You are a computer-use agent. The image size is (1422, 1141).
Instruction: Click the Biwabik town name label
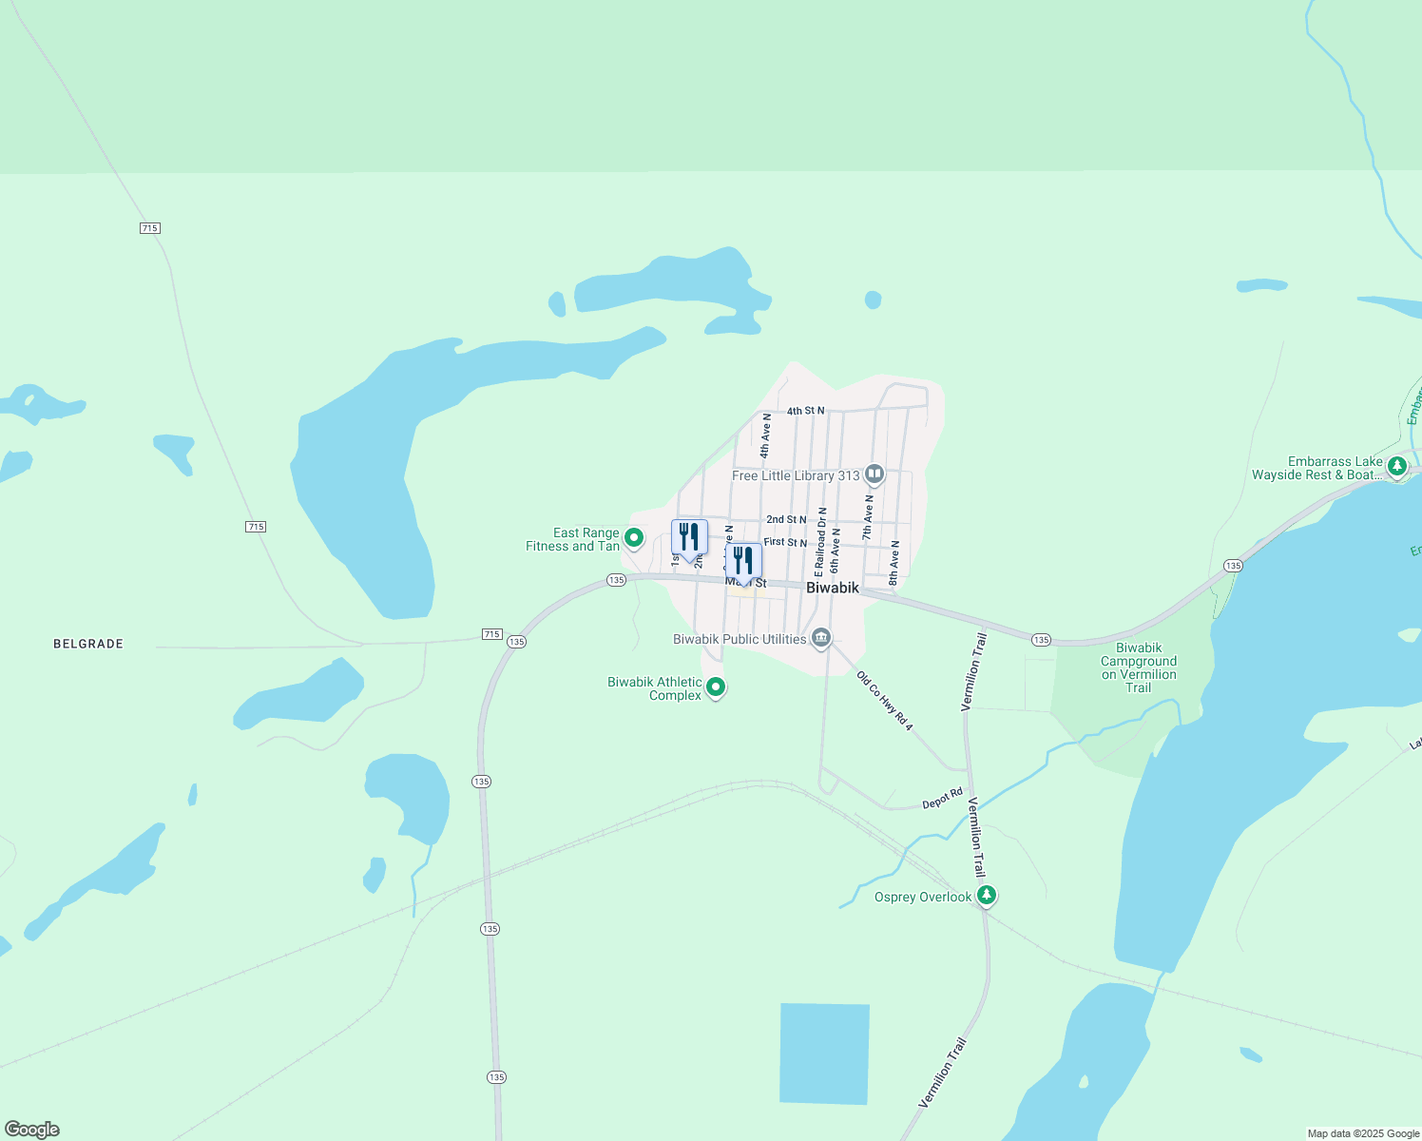(832, 588)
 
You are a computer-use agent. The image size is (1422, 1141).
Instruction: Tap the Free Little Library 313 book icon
(874, 474)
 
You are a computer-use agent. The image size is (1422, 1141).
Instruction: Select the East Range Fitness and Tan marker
(634, 538)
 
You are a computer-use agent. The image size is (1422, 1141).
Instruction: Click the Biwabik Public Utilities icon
(821, 638)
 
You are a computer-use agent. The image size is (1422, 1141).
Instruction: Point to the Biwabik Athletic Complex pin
(717, 687)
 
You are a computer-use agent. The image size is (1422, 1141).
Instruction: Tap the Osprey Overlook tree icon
(988, 895)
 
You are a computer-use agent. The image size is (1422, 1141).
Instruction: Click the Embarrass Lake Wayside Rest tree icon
(1396, 466)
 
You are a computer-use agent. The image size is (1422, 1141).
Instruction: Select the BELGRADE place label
(88, 644)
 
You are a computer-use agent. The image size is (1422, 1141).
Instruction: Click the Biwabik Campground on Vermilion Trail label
(1139, 667)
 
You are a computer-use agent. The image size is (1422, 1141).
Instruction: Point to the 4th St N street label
(805, 411)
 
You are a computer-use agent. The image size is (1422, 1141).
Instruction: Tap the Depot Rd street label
(942, 800)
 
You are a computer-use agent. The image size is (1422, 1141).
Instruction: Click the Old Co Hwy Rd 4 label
(885, 702)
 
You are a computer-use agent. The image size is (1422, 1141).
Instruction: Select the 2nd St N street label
(786, 519)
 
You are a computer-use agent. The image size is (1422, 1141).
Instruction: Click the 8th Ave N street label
(894, 562)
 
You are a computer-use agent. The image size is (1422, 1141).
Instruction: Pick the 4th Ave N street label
(765, 435)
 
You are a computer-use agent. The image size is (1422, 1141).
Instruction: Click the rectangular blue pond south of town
(824, 1054)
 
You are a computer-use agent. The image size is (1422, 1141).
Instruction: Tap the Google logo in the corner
(32, 1130)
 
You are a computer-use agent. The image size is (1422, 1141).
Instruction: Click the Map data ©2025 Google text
(1363, 1133)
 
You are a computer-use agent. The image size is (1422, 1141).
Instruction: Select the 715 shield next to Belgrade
(491, 634)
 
